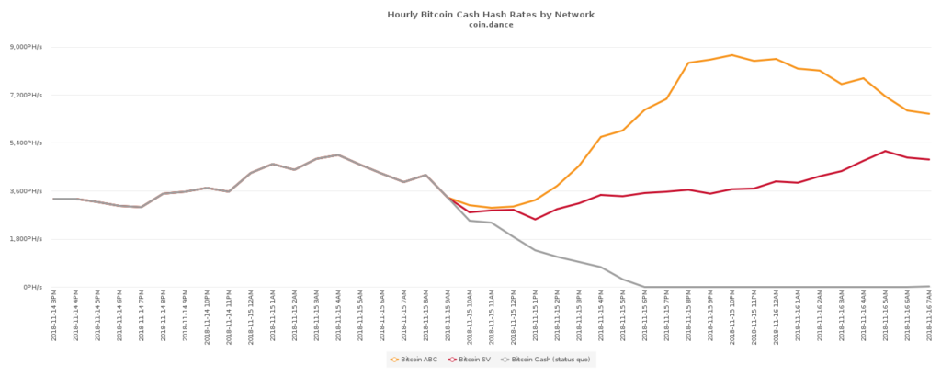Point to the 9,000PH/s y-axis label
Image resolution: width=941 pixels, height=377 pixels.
(x=26, y=47)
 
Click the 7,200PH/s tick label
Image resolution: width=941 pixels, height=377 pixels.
(x=26, y=95)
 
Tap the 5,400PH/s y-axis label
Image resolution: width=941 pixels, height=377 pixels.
(x=26, y=143)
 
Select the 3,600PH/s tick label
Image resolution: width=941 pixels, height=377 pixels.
(x=26, y=191)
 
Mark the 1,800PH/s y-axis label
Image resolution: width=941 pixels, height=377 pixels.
(x=26, y=239)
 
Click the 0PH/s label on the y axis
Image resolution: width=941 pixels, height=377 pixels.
(x=32, y=287)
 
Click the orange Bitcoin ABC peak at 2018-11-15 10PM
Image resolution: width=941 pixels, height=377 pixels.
(x=732, y=55)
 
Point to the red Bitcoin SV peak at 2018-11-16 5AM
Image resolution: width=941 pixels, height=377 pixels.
(x=885, y=151)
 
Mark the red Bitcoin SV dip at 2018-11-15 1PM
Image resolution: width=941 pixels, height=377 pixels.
(x=535, y=219)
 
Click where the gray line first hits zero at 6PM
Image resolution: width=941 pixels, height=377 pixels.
(x=645, y=287)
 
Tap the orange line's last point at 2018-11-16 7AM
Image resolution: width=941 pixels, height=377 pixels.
(x=929, y=114)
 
